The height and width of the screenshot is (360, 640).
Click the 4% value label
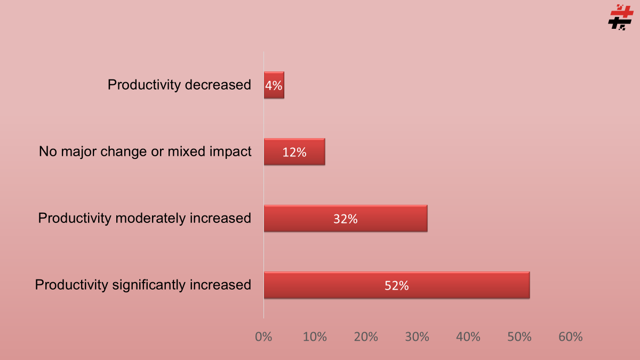pyautogui.click(x=274, y=85)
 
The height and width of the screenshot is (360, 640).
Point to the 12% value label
pyautogui.click(x=294, y=153)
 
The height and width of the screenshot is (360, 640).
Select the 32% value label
pyautogui.click(x=346, y=219)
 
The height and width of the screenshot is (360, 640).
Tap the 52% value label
pyautogui.click(x=397, y=286)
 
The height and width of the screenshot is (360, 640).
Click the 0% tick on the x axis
pyautogui.click(x=263, y=337)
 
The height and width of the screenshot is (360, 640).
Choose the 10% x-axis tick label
pyautogui.click(x=315, y=337)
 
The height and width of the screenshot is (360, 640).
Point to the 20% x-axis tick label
pyautogui.click(x=366, y=337)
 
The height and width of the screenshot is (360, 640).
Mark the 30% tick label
pyautogui.click(x=417, y=337)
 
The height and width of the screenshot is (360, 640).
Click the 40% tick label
pyautogui.click(x=468, y=337)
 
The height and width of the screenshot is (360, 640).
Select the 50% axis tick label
pyautogui.click(x=519, y=337)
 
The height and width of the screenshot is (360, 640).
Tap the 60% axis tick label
pyautogui.click(x=571, y=337)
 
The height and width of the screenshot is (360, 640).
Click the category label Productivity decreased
pyautogui.click(x=179, y=85)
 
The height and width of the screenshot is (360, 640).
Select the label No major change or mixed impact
pyautogui.click(x=145, y=151)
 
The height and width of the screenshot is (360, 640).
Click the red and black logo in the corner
pyautogui.click(x=620, y=17)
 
